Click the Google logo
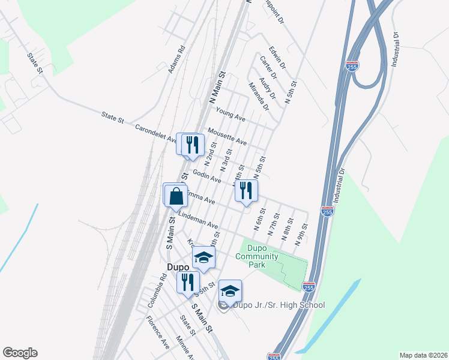pos(20,353)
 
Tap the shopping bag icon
pos(175,195)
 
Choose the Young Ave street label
pos(232,113)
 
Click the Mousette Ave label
pos(227,136)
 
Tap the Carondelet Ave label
pos(155,134)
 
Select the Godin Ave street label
pos(207,176)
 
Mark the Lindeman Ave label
pos(197,220)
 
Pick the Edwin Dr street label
pos(277,56)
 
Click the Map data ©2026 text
pos(423,355)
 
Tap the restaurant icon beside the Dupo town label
pos(187,281)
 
